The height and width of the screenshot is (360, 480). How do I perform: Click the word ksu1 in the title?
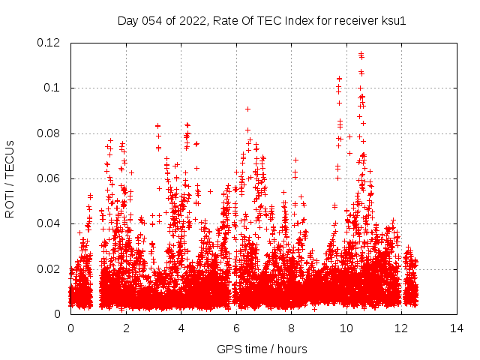coord(394,21)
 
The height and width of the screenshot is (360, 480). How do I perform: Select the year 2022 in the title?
coord(192,21)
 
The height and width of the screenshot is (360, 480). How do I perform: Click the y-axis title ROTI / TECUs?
coord(10,178)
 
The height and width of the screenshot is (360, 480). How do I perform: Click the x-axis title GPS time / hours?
coord(262,349)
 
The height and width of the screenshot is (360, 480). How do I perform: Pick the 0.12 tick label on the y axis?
coord(50,43)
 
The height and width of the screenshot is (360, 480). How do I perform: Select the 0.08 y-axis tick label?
coord(50,133)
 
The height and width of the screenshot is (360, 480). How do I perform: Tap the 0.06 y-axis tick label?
coord(50,178)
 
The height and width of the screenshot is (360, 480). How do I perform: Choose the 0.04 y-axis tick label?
coord(50,223)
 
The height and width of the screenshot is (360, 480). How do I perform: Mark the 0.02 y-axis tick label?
coord(50,269)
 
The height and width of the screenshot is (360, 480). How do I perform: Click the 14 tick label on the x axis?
coord(457,328)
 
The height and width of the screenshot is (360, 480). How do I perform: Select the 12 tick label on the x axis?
coord(401,328)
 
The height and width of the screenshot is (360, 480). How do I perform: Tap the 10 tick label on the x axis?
coord(346,328)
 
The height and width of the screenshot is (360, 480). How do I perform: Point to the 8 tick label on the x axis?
coord(291,328)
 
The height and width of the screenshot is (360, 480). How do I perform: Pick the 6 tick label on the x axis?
coord(236,328)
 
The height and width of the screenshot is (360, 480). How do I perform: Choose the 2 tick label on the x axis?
coord(126,328)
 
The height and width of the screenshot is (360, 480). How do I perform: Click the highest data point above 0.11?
coord(361,54)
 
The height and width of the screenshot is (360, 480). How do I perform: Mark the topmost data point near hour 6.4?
coord(247,109)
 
